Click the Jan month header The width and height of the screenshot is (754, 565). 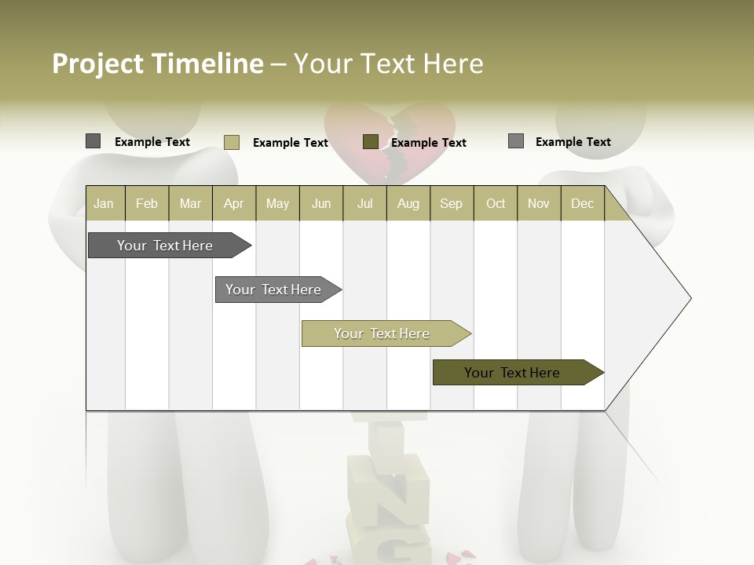[x=104, y=203]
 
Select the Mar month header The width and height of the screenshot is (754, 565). [x=190, y=203]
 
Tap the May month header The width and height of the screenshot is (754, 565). [x=277, y=203]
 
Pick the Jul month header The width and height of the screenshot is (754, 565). [x=364, y=203]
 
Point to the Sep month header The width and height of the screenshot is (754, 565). [x=451, y=203]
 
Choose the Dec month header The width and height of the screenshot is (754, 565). [x=582, y=203]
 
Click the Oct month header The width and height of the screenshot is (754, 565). [x=496, y=203]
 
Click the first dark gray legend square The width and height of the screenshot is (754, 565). [x=93, y=141]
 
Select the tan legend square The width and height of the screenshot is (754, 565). [x=231, y=142]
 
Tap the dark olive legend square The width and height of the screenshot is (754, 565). [x=370, y=141]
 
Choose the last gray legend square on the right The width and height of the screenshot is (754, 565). [x=515, y=141]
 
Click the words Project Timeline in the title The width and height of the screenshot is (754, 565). [x=157, y=64]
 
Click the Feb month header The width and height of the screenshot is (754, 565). [x=147, y=203]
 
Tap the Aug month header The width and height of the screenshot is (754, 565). [x=408, y=203]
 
